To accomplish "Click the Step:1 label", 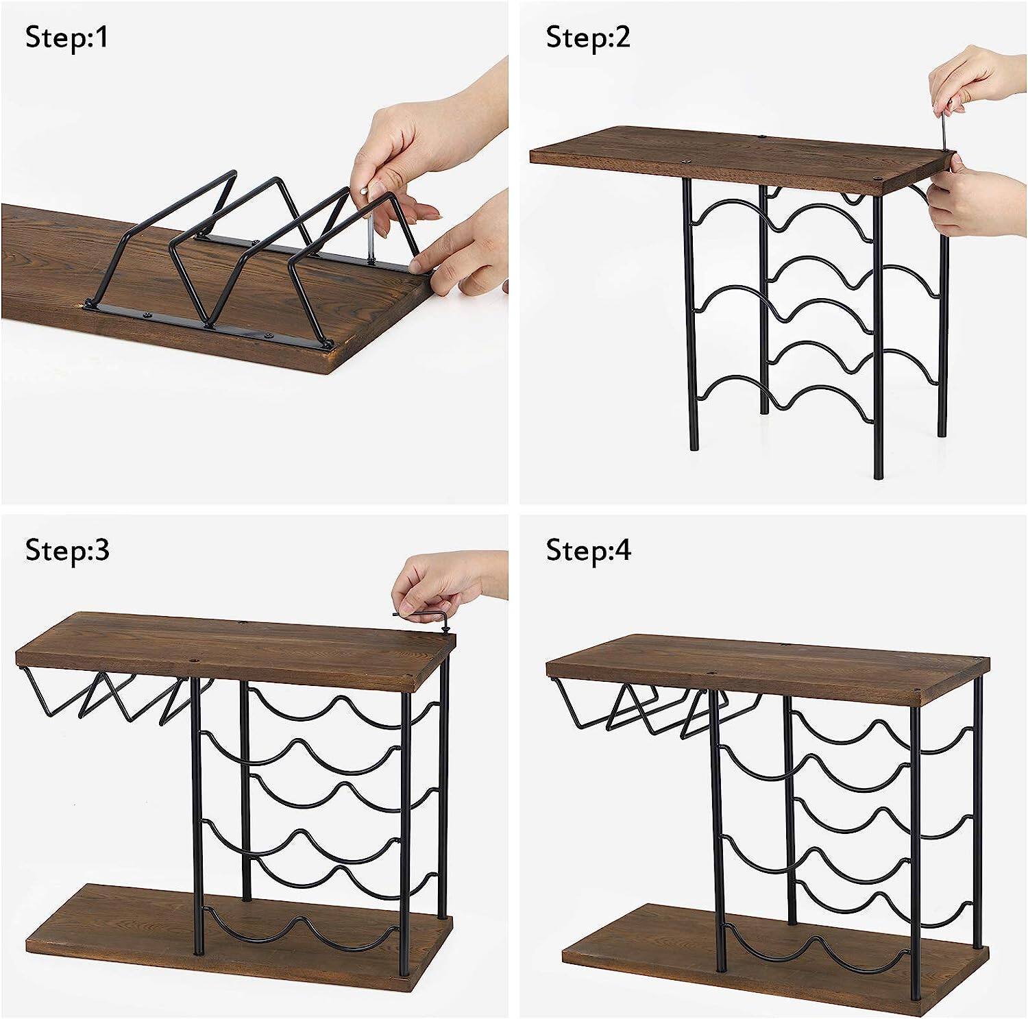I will click(x=66, y=38).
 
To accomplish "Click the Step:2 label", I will click(x=587, y=38).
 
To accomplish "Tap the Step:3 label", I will click(x=67, y=550).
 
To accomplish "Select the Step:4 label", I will click(x=588, y=550).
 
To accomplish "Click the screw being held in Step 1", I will click(x=368, y=233).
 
